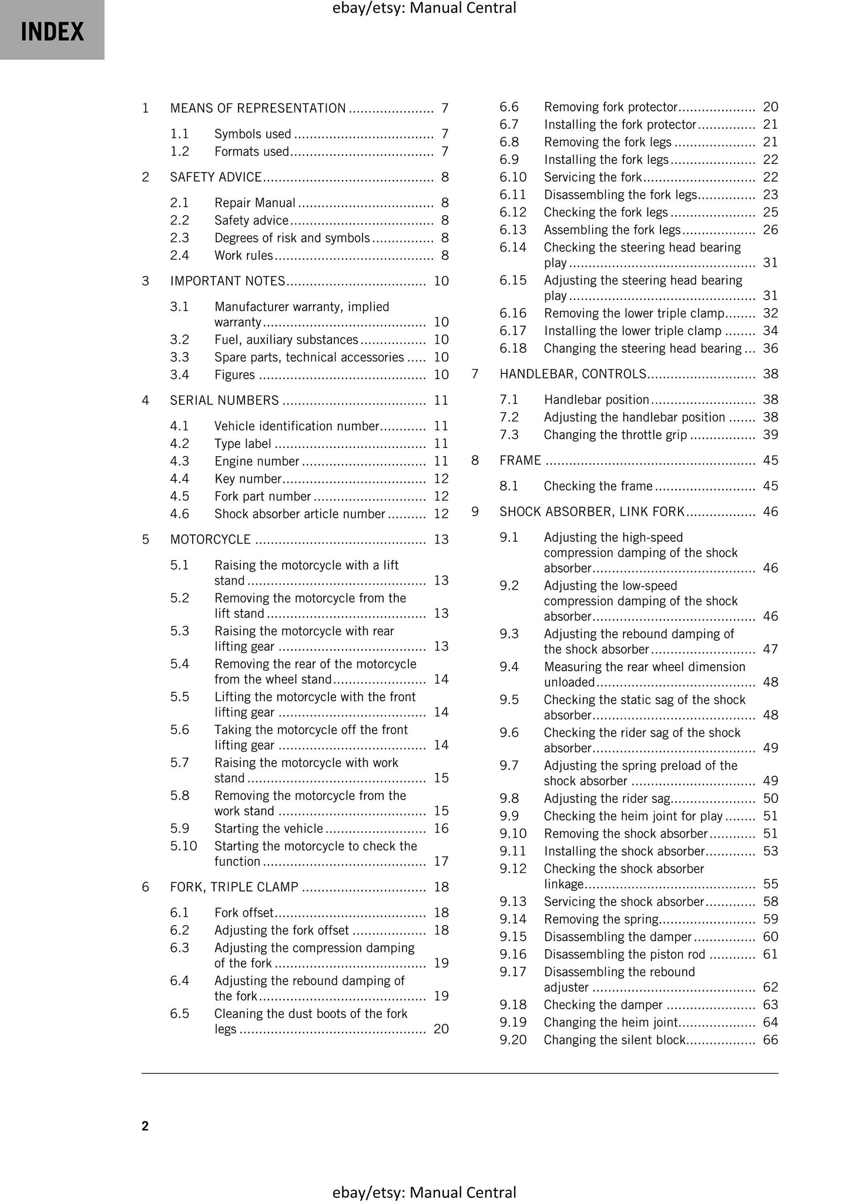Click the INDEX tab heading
(52, 31)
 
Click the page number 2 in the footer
(145, 1126)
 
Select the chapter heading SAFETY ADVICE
(216, 177)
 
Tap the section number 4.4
(179, 478)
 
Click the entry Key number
(248, 478)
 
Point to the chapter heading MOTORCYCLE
(210, 539)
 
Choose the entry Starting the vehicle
(269, 828)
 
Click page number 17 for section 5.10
(441, 861)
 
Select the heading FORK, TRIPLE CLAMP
(234, 886)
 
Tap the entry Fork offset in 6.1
(244, 912)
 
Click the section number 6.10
(513, 177)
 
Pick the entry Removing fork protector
(610, 107)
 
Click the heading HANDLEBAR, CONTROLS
(572, 374)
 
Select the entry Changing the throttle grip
(615, 434)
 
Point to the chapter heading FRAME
(520, 460)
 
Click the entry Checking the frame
(598, 486)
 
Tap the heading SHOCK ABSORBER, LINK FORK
(592, 511)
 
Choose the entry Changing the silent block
(615, 1040)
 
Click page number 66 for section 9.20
(770, 1040)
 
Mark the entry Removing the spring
(601, 919)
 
